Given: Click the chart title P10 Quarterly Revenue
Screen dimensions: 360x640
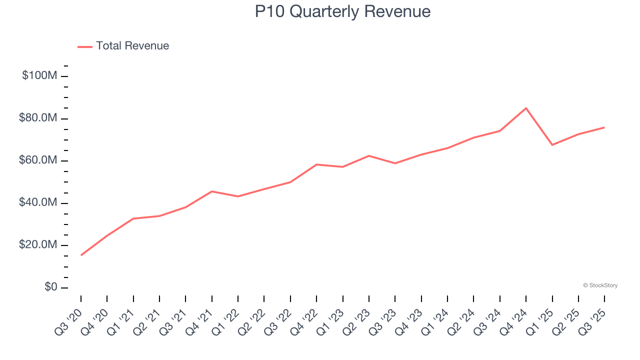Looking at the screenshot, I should (x=342, y=11).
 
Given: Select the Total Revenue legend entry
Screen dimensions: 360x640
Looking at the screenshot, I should (x=123, y=46).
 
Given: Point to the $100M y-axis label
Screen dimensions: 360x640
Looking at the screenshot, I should (x=39, y=76).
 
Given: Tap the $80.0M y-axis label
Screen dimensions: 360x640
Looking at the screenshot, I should (x=38, y=118).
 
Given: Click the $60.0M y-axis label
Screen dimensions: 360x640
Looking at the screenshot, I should (x=38, y=160).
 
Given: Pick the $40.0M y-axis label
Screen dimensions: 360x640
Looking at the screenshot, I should (x=38, y=203).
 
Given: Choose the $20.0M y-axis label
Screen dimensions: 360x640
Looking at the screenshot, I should (x=38, y=245).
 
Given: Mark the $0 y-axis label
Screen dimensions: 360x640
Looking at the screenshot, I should (x=50, y=287).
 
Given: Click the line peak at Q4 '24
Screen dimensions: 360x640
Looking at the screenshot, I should (x=526, y=108).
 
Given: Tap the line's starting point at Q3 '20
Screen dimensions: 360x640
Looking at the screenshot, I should (x=81, y=255).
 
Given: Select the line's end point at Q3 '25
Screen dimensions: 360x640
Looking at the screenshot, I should (x=604, y=127).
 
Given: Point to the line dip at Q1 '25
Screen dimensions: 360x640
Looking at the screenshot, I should (x=552, y=145).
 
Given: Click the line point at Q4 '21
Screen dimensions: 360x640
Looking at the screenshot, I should (x=212, y=191).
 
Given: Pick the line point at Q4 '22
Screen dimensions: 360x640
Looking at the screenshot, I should (x=316, y=164).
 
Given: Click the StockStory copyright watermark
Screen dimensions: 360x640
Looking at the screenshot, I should (x=600, y=285).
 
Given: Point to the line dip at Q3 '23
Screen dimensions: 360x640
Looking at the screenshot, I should (x=395, y=163).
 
